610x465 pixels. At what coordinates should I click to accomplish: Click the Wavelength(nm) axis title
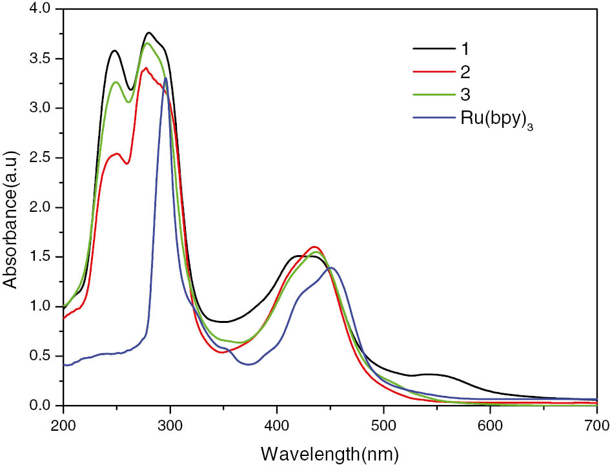[x=330, y=450]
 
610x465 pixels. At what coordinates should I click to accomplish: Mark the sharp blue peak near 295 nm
[x=166, y=78]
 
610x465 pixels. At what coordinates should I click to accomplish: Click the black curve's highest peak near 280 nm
[x=149, y=32]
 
